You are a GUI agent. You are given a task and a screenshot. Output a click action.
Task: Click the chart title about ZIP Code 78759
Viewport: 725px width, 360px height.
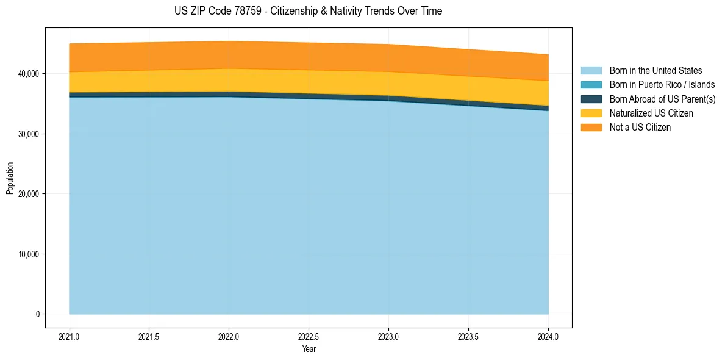(x=308, y=11)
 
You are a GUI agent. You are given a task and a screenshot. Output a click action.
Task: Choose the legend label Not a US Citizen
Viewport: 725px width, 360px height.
(x=640, y=128)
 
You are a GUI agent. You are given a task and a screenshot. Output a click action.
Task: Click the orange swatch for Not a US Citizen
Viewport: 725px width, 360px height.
(x=591, y=128)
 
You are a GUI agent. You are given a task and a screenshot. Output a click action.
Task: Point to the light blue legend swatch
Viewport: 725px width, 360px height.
(x=591, y=71)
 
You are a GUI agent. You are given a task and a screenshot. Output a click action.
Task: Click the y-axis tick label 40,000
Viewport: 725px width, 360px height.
(x=29, y=74)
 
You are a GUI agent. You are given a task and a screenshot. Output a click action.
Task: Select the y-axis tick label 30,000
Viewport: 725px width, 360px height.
(x=29, y=134)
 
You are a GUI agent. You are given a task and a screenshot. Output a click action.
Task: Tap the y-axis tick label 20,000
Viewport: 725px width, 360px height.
(x=29, y=194)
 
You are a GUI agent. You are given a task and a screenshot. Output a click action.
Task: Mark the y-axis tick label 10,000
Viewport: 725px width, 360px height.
(x=29, y=254)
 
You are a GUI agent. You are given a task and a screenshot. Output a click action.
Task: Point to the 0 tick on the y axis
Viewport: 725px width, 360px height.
(x=37, y=314)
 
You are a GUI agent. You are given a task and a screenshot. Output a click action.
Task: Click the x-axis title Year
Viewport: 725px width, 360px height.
(x=309, y=350)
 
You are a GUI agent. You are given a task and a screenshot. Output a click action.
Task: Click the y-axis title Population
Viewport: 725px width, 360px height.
(x=10, y=178)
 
